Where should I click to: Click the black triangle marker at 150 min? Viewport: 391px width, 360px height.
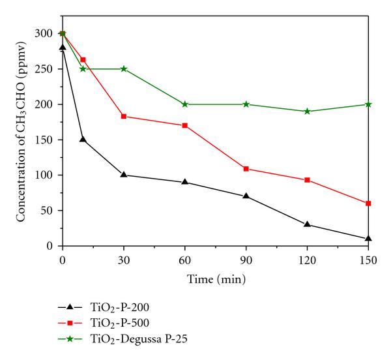(x=368, y=238)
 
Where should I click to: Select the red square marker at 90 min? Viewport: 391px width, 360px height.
(x=246, y=169)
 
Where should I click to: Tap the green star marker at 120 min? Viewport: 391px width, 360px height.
(x=307, y=111)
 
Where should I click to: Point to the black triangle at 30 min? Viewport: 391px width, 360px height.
(x=124, y=174)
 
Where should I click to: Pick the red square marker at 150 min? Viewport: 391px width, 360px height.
(x=368, y=203)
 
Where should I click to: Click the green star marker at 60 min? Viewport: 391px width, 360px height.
(x=185, y=104)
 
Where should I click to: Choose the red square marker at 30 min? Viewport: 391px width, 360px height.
(x=124, y=116)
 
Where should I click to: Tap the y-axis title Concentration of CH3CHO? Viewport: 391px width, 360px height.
(x=22, y=139)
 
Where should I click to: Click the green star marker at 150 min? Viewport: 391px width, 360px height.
(x=368, y=104)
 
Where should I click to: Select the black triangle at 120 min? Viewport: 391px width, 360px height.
(x=307, y=224)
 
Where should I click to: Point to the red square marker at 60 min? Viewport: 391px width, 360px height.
(x=185, y=125)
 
